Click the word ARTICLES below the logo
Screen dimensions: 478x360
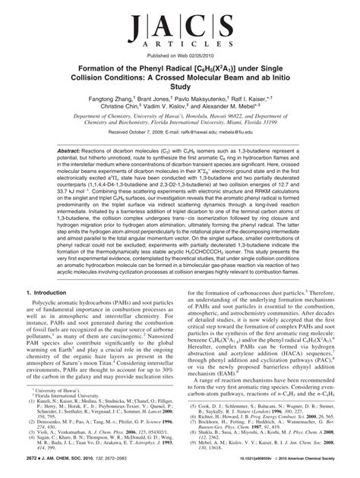pos(179,48)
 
